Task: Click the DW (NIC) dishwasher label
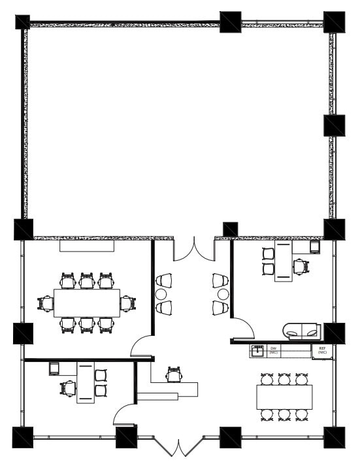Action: [x=274, y=351]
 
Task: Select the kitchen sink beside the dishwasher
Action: [x=259, y=351]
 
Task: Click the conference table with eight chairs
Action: [x=87, y=303]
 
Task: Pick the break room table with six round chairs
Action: [x=284, y=397]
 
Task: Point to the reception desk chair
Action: [x=173, y=374]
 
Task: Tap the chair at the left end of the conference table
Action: [x=46, y=303]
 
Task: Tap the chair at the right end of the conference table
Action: [x=128, y=303]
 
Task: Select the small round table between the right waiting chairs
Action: [x=223, y=294]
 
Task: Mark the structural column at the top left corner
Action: [x=22, y=22]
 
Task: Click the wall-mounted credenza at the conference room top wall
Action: [x=88, y=246]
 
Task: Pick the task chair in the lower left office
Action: [x=68, y=389]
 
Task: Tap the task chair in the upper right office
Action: [x=300, y=267]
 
